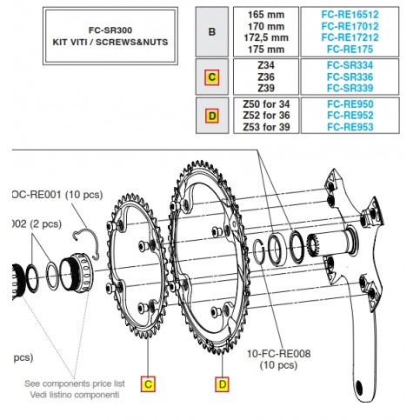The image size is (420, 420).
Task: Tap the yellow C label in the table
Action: pyautogui.click(x=210, y=77)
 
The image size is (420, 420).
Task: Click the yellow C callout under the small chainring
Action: pyautogui.click(x=148, y=383)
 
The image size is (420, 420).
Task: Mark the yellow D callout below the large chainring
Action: pyautogui.click(x=222, y=383)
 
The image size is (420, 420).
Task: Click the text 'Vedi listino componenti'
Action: pyautogui.click(x=72, y=394)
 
